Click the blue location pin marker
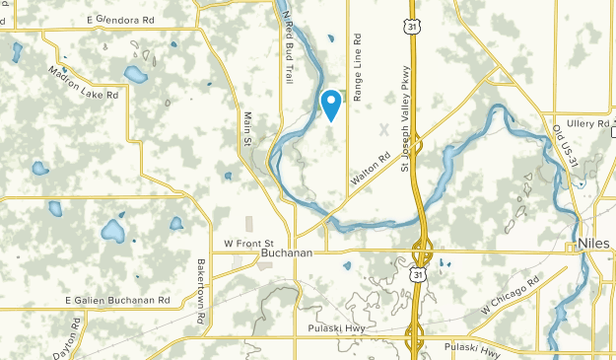tap(331, 103)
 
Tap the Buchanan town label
tap(287, 253)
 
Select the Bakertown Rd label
tap(200, 279)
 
